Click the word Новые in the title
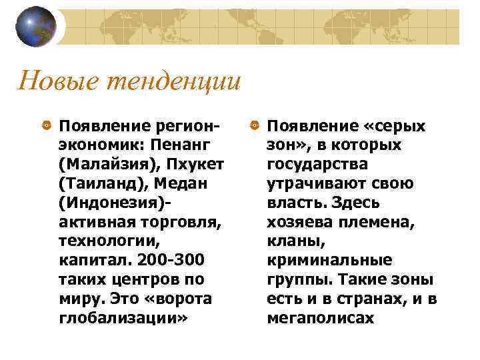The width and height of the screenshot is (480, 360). point(53,82)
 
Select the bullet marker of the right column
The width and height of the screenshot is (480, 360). point(255,126)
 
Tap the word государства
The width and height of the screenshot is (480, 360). point(317,165)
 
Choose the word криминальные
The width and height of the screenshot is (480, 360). point(329,261)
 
